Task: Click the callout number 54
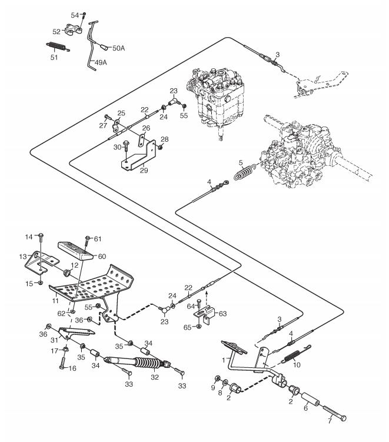click(75, 15)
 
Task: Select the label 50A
click(118, 48)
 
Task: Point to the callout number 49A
click(101, 62)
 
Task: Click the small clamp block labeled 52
click(74, 30)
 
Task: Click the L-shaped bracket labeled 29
click(140, 155)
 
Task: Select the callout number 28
click(165, 139)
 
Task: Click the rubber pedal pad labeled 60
click(75, 251)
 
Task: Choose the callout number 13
click(23, 257)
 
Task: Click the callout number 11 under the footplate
click(55, 301)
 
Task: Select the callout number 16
click(72, 368)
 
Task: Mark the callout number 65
click(188, 327)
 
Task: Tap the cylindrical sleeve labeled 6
click(311, 400)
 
